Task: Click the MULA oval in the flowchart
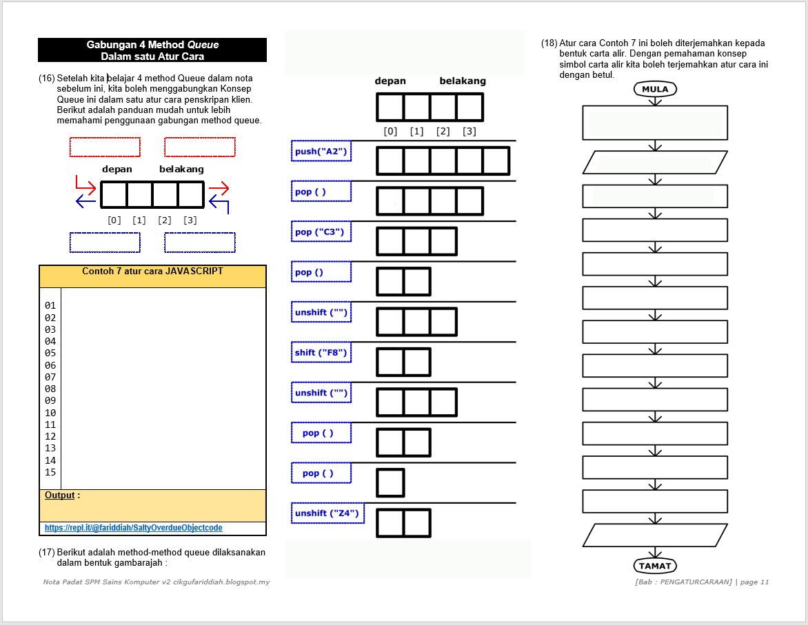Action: pos(655,89)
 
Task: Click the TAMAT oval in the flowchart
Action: pos(655,566)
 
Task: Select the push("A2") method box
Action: pos(321,151)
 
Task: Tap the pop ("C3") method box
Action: pos(321,232)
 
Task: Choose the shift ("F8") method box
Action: pos(321,353)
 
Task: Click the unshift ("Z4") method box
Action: pos(327,513)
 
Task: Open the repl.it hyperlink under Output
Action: pos(134,528)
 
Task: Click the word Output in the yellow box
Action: pos(60,495)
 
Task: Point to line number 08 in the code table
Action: pos(50,389)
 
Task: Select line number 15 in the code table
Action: pos(50,472)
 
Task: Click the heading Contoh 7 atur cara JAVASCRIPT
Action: pos(152,271)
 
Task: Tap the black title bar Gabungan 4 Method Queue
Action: pos(152,50)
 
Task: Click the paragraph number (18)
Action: pos(549,43)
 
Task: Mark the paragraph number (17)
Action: pos(46,553)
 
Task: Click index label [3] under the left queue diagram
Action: pos(190,221)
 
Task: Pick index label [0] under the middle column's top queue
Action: pos(390,132)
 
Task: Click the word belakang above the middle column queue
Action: pos(463,81)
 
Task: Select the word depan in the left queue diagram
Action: pos(117,170)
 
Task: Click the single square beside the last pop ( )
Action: pos(390,482)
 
